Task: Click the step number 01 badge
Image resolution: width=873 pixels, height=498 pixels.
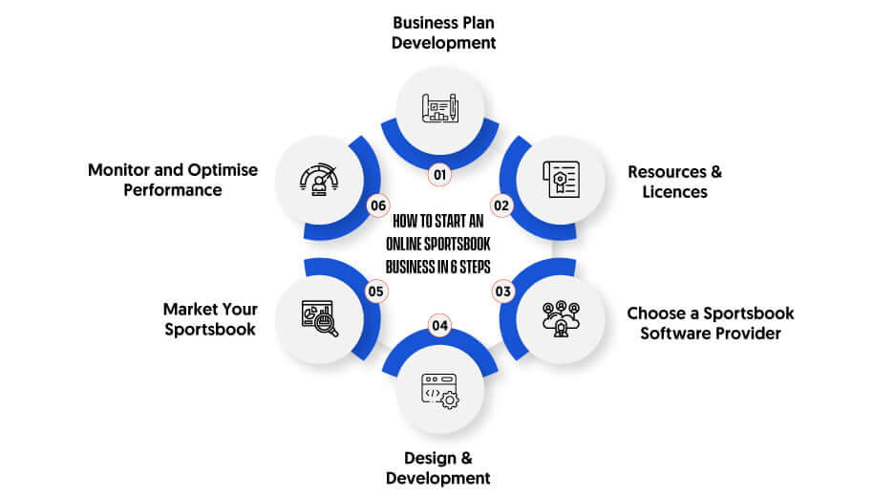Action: tap(439, 175)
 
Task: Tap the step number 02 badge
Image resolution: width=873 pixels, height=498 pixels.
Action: tap(501, 206)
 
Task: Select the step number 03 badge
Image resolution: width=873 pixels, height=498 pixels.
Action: tap(502, 292)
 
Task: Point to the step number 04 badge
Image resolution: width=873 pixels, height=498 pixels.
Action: tap(439, 325)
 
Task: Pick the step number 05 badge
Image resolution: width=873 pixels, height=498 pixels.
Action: tap(375, 292)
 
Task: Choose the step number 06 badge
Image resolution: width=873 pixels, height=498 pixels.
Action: tap(378, 206)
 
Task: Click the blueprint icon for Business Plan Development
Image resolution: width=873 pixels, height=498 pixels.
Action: tap(439, 107)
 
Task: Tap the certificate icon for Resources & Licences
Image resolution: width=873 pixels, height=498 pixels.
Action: tap(562, 180)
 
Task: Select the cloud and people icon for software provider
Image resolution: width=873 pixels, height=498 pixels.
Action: tap(562, 318)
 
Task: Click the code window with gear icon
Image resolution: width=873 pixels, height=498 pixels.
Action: tap(439, 391)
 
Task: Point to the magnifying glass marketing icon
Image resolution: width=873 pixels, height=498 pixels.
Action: tap(320, 318)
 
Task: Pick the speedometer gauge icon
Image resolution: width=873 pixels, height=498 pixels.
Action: tap(319, 180)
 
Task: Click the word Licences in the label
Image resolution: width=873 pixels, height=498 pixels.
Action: tap(674, 191)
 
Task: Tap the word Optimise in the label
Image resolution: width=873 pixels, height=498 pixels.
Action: tap(223, 170)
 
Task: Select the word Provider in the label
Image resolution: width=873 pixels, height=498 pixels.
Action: tap(748, 333)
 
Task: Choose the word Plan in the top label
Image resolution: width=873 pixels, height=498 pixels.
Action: tap(475, 23)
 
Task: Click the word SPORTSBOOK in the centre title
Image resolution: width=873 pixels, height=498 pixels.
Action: tap(458, 244)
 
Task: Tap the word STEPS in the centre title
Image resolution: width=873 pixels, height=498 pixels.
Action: tap(475, 267)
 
